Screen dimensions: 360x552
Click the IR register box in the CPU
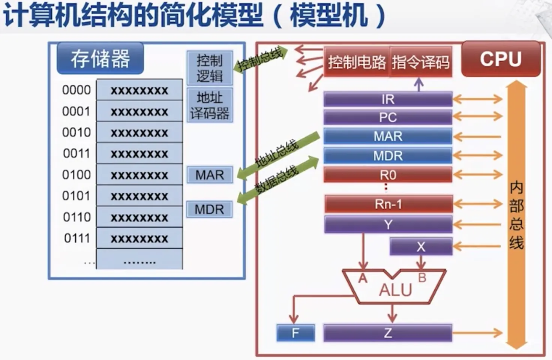tap(388, 99)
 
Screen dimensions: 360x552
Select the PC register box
tap(388, 117)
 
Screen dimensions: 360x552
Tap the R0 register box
tap(388, 175)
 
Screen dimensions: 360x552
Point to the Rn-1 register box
tap(388, 204)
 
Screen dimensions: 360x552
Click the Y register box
tap(388, 224)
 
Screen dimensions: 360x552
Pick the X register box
tap(421, 246)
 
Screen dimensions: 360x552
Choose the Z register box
tap(388, 333)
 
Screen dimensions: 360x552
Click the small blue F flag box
tap(295, 333)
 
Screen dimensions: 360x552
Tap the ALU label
tap(395, 289)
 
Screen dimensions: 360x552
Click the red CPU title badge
tap(501, 59)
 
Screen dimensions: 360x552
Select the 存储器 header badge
tap(100, 58)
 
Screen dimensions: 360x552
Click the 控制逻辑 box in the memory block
tap(210, 68)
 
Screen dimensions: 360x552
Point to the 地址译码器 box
tap(210, 105)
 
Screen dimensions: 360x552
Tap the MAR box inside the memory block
tap(210, 175)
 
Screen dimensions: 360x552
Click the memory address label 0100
tap(76, 175)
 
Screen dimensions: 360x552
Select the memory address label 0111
tap(77, 238)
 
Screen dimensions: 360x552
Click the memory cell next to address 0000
tap(139, 90)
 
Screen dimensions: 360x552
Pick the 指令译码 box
tap(420, 62)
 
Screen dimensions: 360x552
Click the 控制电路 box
tap(357, 62)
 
